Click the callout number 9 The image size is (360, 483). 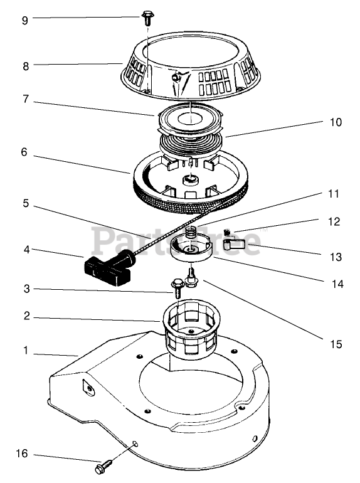[x=25, y=20]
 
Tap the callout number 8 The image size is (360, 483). [x=26, y=66]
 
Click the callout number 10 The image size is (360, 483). [x=336, y=122]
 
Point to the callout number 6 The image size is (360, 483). [x=24, y=152]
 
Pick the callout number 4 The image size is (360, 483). [x=27, y=250]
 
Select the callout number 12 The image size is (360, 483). [x=334, y=221]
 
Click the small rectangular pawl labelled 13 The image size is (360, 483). [x=233, y=244]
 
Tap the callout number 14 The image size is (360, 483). [x=337, y=284]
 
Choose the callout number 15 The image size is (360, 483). [x=336, y=344]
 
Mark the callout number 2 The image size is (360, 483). [x=27, y=316]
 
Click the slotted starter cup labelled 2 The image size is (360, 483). [x=191, y=327]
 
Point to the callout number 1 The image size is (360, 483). [x=26, y=350]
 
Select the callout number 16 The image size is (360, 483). [x=22, y=454]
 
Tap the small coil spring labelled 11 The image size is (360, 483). [x=192, y=232]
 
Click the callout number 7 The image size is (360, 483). [x=26, y=99]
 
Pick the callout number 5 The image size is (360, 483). [x=26, y=203]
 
